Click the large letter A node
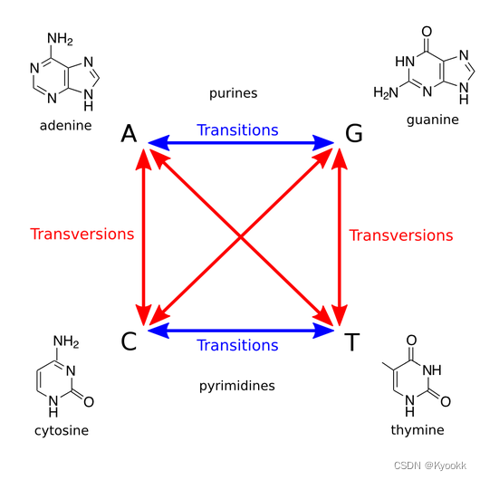129,135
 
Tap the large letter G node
354,135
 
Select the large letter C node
129,341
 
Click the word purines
234,93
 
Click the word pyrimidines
237,386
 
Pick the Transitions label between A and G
237,130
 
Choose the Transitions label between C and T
237,345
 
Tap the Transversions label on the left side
82,234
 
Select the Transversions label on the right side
401,235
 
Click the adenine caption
65,125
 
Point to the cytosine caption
62,430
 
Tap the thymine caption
418,429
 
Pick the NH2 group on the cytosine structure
67,341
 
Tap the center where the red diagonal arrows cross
241,237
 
